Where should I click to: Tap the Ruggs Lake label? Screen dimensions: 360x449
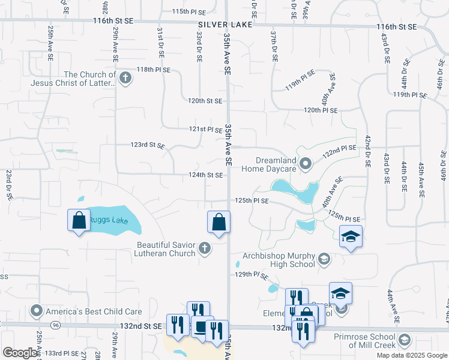(x=108, y=220)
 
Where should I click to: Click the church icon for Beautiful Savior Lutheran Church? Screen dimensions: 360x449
(x=205, y=248)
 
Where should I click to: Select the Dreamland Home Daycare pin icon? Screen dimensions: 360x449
(x=306, y=163)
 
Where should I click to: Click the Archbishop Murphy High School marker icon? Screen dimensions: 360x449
(x=324, y=259)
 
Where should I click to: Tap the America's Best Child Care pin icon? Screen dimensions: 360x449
(x=37, y=311)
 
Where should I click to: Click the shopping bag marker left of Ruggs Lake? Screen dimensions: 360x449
(x=79, y=220)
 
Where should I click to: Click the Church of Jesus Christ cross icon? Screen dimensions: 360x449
(x=125, y=78)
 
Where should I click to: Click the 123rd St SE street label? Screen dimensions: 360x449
(x=148, y=145)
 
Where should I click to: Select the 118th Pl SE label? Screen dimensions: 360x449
(x=154, y=70)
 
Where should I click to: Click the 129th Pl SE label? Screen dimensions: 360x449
(x=252, y=274)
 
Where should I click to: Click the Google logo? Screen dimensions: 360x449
(x=20, y=353)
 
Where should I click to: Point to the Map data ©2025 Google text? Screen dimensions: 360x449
(x=412, y=355)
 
